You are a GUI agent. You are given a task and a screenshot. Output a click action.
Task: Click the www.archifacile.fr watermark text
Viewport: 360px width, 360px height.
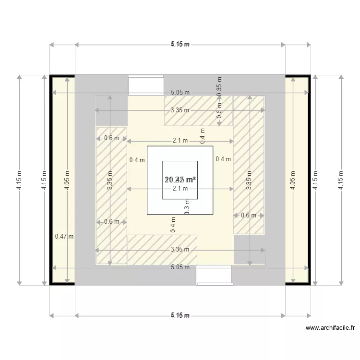coord(331,328)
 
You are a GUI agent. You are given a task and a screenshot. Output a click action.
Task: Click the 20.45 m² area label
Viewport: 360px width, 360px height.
coord(180,180)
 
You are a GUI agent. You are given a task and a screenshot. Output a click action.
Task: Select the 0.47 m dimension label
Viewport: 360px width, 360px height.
coord(64,236)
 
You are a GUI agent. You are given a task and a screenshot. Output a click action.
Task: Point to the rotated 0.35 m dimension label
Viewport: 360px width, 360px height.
coord(219,86)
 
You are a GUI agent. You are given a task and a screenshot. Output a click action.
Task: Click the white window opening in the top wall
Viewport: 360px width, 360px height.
coord(146,85)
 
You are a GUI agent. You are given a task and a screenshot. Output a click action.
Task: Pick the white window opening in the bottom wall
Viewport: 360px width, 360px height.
coord(214,275)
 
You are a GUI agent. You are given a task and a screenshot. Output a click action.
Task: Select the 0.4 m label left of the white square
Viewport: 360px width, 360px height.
coord(137,160)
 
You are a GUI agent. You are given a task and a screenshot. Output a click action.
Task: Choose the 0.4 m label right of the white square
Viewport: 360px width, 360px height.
coord(223,159)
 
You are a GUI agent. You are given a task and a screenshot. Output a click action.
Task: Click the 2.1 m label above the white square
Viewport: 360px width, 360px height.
coord(180,141)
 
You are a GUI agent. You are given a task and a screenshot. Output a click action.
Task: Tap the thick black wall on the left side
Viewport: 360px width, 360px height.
coord(51,180)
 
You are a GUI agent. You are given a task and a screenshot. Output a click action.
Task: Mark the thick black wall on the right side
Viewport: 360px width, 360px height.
coord(309,180)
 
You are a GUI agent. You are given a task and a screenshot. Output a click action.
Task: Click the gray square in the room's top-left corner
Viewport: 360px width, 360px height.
coord(111,111)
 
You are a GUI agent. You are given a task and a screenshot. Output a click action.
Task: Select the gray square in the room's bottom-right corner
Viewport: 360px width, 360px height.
coord(249,249)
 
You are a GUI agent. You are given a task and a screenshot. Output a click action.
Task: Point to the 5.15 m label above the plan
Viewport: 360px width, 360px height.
coord(180,45)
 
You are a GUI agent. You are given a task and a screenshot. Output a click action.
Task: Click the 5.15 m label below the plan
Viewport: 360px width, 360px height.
coord(180,315)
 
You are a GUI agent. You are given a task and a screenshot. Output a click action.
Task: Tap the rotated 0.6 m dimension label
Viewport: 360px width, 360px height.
coord(219,114)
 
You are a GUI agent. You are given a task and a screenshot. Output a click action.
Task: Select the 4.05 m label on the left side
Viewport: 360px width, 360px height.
coord(68,180)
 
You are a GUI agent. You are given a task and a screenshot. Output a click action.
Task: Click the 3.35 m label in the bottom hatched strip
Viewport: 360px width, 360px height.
coord(180,250)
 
